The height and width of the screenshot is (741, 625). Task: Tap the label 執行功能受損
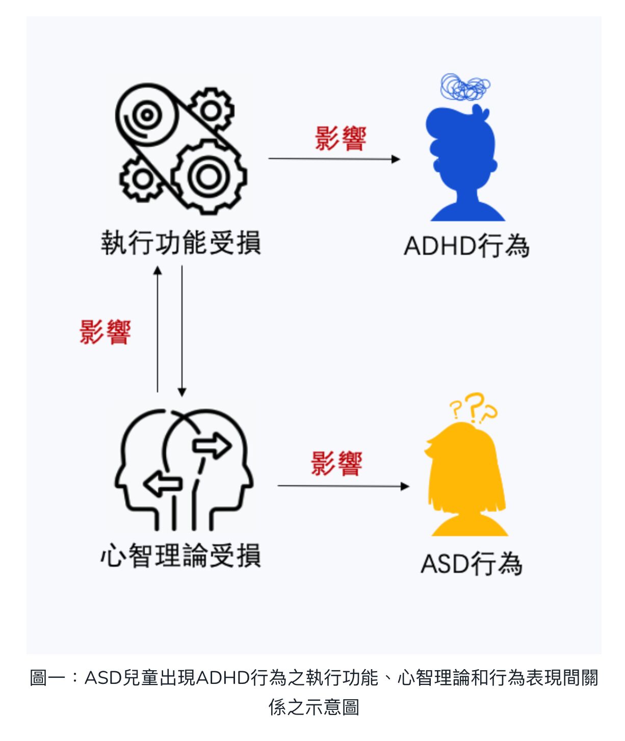pos(181,242)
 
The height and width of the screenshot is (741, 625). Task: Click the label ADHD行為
pos(466,246)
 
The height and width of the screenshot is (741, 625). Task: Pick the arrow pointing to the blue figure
pos(334,159)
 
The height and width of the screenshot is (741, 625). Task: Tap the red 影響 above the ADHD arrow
pos(340,139)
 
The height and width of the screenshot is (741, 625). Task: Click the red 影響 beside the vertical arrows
pos(105,332)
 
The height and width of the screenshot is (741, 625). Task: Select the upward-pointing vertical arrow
pos(158,329)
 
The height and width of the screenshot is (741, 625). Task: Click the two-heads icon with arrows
pos(184,469)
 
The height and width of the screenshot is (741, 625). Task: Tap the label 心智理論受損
pos(181,555)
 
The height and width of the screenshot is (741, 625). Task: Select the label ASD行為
pos(472,564)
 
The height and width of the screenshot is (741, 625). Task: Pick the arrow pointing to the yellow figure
pos(343,486)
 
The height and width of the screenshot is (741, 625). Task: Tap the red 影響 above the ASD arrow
pos(336,464)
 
